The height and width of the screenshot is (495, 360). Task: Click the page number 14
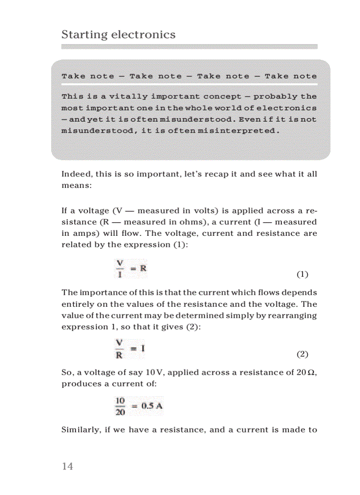click(67, 466)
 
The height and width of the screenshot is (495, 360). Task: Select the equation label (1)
click(302, 275)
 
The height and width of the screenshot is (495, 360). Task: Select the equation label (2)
click(302, 354)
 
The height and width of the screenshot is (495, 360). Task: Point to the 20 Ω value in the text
click(305, 372)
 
